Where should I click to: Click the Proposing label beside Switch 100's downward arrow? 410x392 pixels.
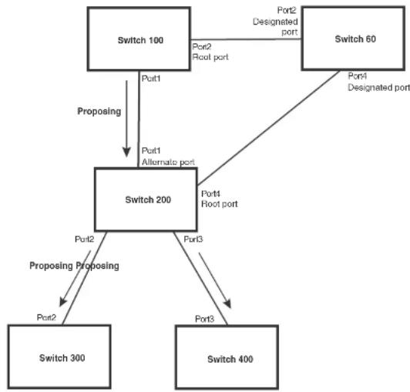click(x=99, y=112)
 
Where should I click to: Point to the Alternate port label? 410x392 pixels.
click(x=168, y=162)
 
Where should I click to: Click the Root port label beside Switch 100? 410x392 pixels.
click(x=210, y=57)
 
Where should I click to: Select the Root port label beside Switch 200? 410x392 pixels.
click(x=220, y=204)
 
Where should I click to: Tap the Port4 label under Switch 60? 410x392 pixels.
click(x=357, y=76)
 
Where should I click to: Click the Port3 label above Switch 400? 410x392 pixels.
click(x=204, y=319)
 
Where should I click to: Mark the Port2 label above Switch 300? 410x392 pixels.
click(x=46, y=317)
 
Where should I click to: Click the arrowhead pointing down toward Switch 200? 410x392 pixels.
click(x=126, y=152)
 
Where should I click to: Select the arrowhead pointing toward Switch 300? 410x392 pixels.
click(x=62, y=302)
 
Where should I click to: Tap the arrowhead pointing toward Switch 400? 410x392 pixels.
click(x=227, y=304)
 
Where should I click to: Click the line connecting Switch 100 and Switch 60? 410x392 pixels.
click(x=246, y=40)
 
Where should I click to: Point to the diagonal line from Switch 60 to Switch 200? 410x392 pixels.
click(x=268, y=128)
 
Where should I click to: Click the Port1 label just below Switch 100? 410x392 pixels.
click(x=151, y=79)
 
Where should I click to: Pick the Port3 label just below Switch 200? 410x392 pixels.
click(x=193, y=239)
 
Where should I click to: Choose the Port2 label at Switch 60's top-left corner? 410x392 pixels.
click(x=287, y=11)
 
